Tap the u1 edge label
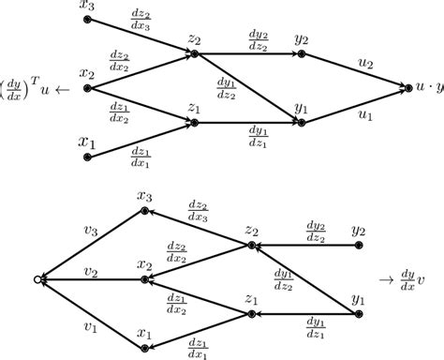364,115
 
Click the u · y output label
427,88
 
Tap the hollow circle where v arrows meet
37,279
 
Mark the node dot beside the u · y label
406,88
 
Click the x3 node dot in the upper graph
87,19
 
